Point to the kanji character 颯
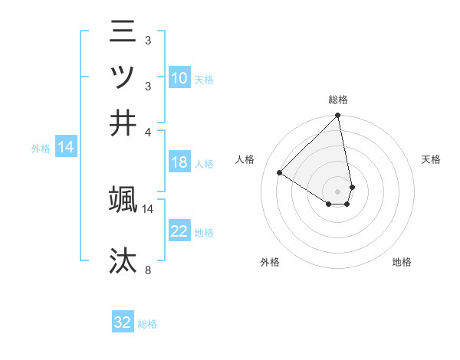pyautogui.click(x=123, y=200)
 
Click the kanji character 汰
pyautogui.click(x=123, y=260)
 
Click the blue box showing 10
pyautogui.click(x=179, y=78)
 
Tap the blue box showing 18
pyautogui.click(x=179, y=162)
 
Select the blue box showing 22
pyautogui.click(x=179, y=231)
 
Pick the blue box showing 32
pyautogui.click(x=123, y=322)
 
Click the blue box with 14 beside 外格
pyautogui.click(x=66, y=148)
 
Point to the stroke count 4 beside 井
pyautogui.click(x=149, y=131)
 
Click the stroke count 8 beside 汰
pyautogui.click(x=149, y=270)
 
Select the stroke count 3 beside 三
pyautogui.click(x=147, y=40)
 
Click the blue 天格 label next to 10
pyautogui.click(x=204, y=80)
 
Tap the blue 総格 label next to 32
pyautogui.click(x=147, y=324)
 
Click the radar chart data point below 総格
pyautogui.click(x=337, y=116)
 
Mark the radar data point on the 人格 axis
pyautogui.click(x=280, y=172)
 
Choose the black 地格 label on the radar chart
pyautogui.click(x=402, y=262)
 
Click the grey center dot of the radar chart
pyautogui.click(x=337, y=191)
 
